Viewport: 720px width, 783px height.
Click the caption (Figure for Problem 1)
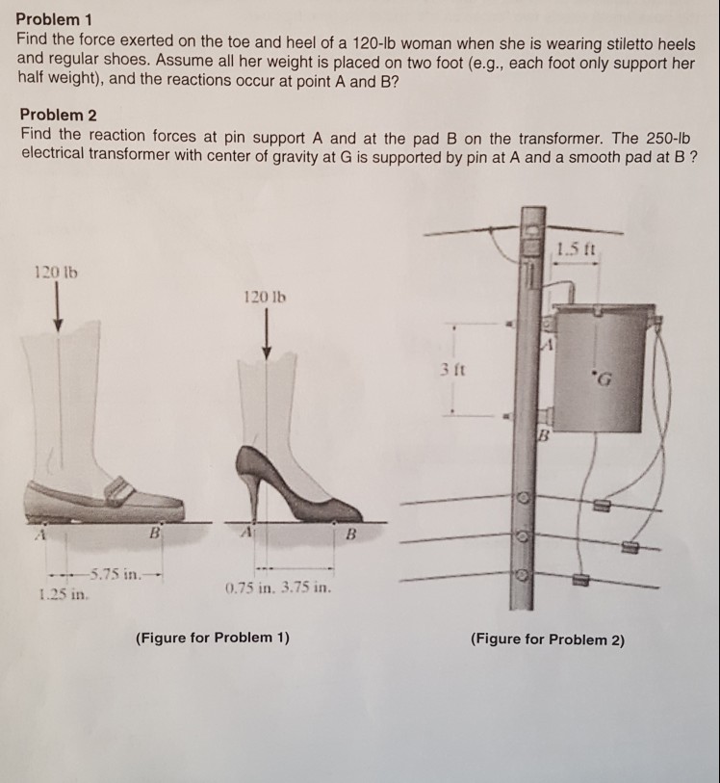coord(213,637)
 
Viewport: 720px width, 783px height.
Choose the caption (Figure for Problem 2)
coord(547,639)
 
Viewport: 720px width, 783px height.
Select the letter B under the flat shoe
coord(153,533)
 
